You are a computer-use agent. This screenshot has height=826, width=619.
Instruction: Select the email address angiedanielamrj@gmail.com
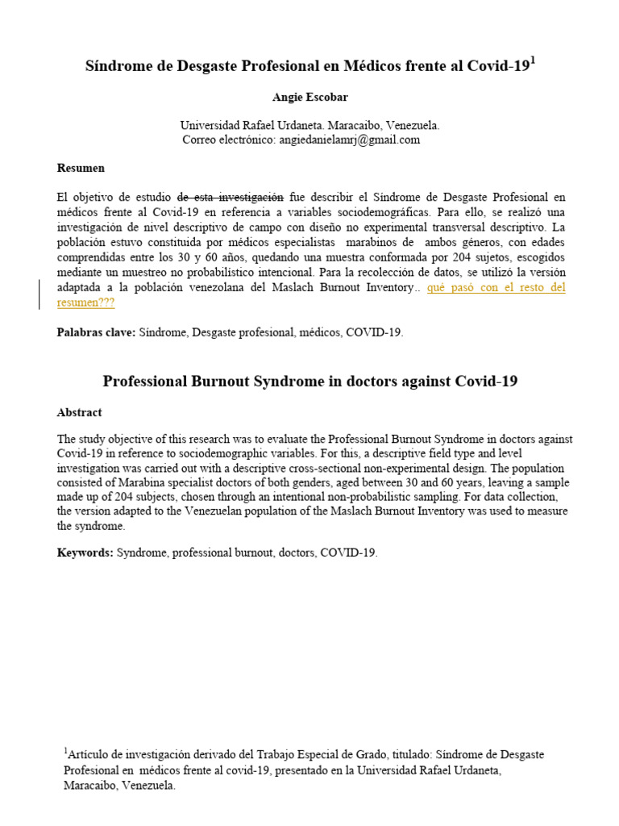coord(350,140)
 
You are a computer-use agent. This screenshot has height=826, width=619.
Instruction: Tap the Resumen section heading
coord(81,169)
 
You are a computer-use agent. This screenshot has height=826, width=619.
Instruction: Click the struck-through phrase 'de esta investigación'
coord(231,196)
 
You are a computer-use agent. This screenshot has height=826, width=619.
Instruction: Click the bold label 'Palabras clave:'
coord(97,332)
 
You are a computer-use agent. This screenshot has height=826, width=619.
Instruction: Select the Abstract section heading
coord(79,412)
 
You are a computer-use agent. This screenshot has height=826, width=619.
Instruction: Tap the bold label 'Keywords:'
coord(85,553)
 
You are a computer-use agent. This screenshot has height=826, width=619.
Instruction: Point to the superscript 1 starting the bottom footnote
coord(66,751)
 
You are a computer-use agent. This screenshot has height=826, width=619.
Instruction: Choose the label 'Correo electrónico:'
coord(230,140)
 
